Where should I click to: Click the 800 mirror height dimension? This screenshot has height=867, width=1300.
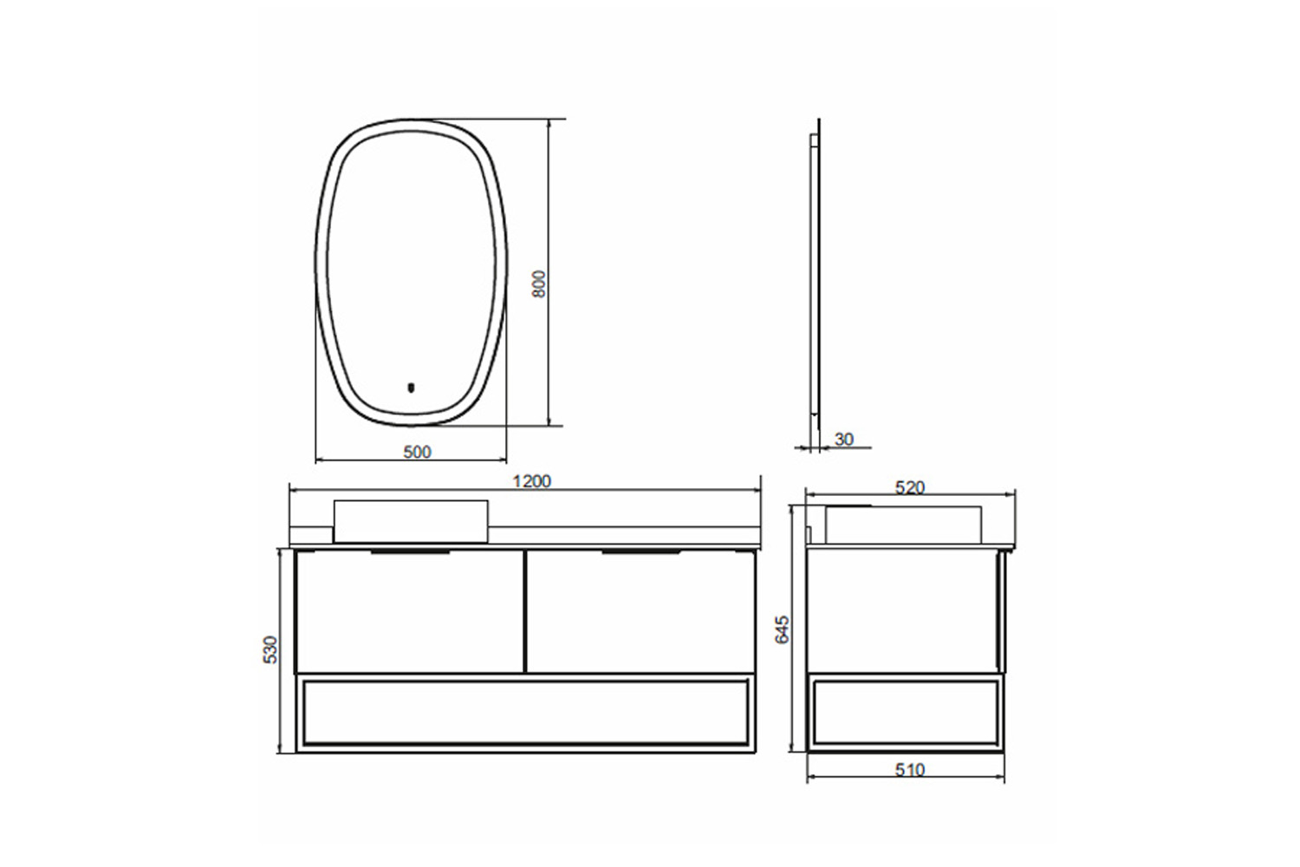click(x=540, y=284)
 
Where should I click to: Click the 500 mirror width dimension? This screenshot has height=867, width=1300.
click(x=417, y=452)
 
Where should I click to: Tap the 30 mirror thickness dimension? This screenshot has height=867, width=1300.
click(x=844, y=440)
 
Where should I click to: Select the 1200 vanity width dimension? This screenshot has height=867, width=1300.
click(x=531, y=481)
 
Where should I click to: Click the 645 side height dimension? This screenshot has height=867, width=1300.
click(x=783, y=630)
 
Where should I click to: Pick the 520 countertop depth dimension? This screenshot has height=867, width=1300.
click(x=909, y=488)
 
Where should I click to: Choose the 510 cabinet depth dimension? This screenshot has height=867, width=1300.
click(x=909, y=770)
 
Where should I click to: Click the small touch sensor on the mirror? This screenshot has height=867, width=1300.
click(x=412, y=387)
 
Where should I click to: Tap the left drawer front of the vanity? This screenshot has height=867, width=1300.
click(x=410, y=611)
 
